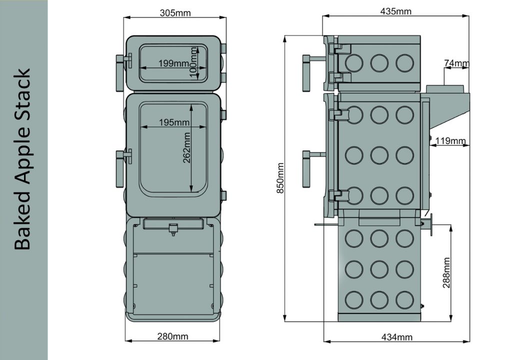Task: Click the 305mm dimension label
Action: tap(175, 13)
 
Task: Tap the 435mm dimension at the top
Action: tap(395, 11)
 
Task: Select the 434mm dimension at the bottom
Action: tap(396, 337)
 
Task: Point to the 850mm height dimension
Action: tap(280, 178)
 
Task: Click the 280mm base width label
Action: tap(173, 336)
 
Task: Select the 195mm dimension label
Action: tap(174, 122)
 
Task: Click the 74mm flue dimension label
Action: tap(456, 63)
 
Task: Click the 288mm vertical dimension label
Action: tap(446, 272)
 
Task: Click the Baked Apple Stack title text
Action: tap(22, 159)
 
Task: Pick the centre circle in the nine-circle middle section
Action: tap(379, 155)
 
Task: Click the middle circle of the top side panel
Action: tap(379, 62)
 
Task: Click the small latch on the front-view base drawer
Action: tap(173, 229)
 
